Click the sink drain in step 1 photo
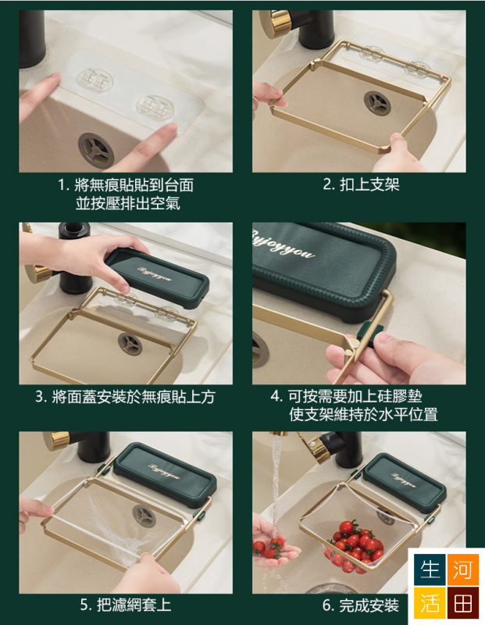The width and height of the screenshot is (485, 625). [96, 149]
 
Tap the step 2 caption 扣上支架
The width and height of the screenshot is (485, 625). [361, 184]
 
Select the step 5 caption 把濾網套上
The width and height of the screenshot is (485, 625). [126, 605]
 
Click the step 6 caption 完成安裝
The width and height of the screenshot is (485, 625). [361, 605]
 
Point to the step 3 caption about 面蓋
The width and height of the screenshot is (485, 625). [126, 397]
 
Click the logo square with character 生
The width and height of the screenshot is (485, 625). [430, 569]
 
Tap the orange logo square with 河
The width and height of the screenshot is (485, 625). [462, 569]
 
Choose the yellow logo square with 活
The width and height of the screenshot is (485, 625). [430, 602]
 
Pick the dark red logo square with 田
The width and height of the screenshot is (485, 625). [462, 602]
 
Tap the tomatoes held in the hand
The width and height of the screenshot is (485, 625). [269, 547]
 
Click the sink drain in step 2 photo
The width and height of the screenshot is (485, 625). [377, 102]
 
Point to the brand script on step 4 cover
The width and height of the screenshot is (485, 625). [283, 247]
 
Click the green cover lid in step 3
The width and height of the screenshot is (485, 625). [157, 277]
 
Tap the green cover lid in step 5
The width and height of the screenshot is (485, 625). [165, 473]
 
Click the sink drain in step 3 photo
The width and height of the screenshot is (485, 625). [130, 344]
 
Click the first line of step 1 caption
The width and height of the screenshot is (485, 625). [126, 185]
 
